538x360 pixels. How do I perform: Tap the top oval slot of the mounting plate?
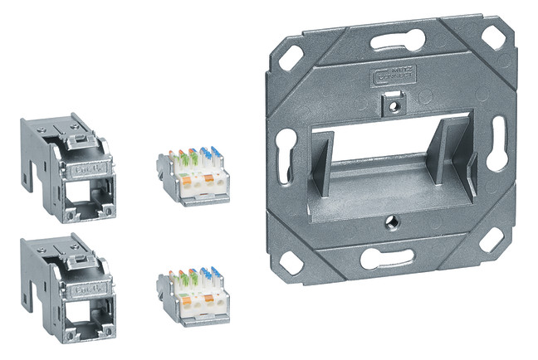pos(395,41)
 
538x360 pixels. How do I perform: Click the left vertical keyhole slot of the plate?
pos(284,150)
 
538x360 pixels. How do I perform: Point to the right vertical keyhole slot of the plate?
pos(498,143)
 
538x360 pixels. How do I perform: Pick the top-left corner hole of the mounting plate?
pos(291,57)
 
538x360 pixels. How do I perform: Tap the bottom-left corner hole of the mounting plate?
pos(293,263)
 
